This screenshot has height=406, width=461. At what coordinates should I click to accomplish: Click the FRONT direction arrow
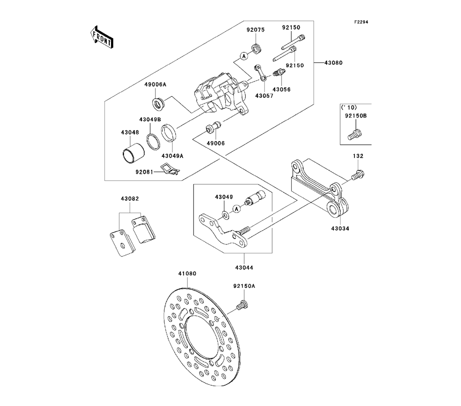click(101, 36)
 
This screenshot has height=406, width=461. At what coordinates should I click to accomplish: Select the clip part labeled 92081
click(170, 170)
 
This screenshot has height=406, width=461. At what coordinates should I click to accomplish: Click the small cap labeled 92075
click(256, 48)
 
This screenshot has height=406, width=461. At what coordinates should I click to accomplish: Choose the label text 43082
click(130, 199)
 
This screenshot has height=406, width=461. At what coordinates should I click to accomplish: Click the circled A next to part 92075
click(243, 56)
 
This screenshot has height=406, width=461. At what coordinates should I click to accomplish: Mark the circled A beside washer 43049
click(236, 209)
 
